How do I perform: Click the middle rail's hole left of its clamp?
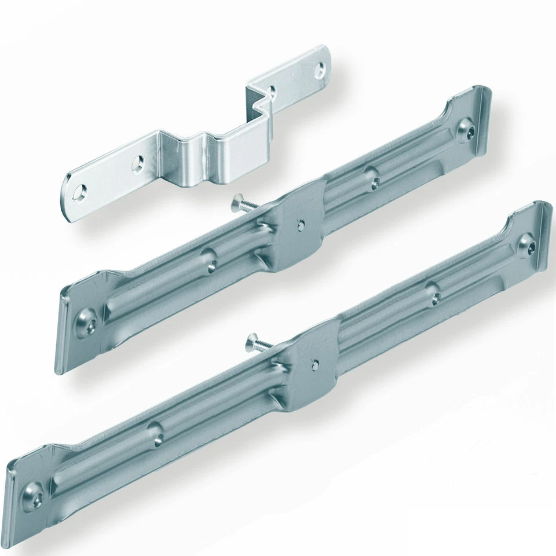click(211, 263)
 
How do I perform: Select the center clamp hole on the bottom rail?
click(314, 365)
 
